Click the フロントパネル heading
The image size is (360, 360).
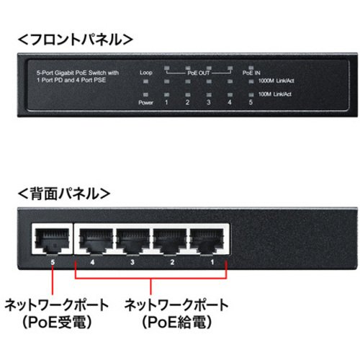coord(76,40)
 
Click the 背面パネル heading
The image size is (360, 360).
coord(64,194)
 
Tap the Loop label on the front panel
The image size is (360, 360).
coord(146,73)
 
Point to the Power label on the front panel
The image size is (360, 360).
coord(145,103)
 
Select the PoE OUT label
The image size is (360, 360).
coord(199,73)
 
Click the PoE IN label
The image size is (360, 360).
coord(251,73)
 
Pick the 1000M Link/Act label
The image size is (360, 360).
coord(276,81)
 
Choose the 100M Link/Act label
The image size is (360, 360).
coord(275,94)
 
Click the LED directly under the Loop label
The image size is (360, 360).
coord(145,81)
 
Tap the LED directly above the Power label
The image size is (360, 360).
coord(145,94)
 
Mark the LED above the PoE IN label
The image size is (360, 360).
coord(251,68)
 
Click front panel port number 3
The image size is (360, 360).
coord(209,102)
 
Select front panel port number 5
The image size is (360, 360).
coord(251,102)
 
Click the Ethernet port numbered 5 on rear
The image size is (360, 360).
coord(53,239)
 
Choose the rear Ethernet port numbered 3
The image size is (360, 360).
coord(133,239)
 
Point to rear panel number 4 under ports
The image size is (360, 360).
coord(92,262)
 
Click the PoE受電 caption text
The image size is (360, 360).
coord(57,323)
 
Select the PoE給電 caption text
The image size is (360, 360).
coord(177,323)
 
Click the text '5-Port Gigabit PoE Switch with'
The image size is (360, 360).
coord(78,73)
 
